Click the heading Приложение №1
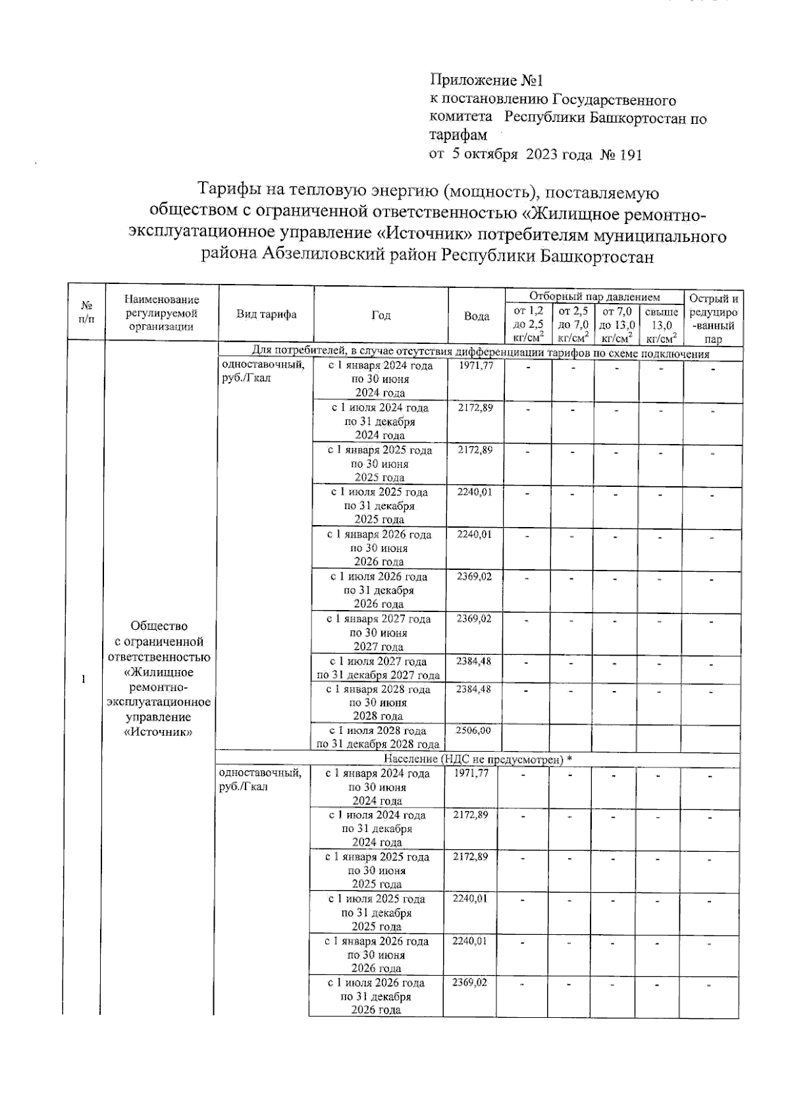pos(486,80)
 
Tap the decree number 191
pos(630,155)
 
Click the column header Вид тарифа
pos(266,314)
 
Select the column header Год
pos(381,315)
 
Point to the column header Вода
pos(476,316)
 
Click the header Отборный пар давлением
pos(594,296)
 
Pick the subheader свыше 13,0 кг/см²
pos(660,325)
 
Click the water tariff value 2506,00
pos(474,730)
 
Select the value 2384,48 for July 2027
pos(474,661)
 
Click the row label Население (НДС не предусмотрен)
pos(477,760)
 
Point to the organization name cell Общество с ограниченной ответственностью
pos(159,679)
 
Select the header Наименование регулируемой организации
pos(161,313)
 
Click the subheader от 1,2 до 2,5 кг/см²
pos(527,325)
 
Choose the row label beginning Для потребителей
pos(479,354)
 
